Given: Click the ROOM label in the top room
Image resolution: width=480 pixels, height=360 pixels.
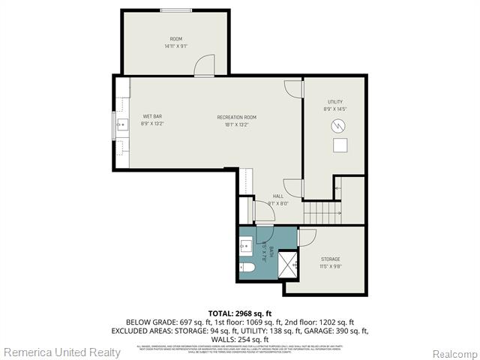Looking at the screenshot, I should click(x=175, y=39).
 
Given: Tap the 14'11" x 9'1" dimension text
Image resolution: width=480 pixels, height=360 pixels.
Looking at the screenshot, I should click(x=175, y=46).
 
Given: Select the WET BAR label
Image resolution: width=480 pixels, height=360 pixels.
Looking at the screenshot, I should click(x=152, y=116).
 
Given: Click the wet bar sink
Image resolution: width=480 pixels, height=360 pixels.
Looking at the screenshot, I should click(x=121, y=124).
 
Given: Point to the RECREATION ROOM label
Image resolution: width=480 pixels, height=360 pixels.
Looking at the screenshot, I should click(x=236, y=117).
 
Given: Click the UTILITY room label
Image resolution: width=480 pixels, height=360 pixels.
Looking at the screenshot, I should click(x=334, y=101).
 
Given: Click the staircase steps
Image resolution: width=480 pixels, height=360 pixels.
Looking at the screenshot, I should click(x=322, y=213).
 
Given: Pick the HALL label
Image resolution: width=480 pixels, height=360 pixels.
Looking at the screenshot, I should click(x=257, y=196).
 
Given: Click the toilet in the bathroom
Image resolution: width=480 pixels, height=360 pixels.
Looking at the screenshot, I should click(x=248, y=267).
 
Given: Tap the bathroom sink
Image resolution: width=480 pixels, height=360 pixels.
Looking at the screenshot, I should click(x=246, y=244).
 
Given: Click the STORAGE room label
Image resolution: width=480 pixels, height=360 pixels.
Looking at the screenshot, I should click(x=330, y=259).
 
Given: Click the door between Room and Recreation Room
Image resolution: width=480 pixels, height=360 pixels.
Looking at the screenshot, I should click(x=204, y=68).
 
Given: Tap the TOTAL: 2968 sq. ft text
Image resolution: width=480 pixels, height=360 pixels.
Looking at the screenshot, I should click(x=239, y=313).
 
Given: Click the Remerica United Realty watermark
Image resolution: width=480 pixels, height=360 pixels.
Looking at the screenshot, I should click(x=61, y=352).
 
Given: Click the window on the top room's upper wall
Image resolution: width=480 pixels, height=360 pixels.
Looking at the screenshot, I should click(x=175, y=10).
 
